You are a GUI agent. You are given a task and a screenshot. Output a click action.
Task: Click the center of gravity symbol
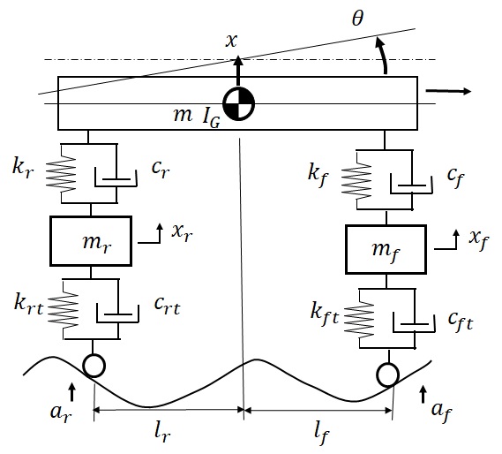coord(238,104)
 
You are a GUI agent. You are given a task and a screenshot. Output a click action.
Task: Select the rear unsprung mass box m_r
coord(91,241)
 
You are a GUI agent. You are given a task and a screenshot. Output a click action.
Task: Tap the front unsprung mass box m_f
coord(386,249)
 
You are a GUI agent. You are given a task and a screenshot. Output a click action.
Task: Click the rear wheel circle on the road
coord(94,366)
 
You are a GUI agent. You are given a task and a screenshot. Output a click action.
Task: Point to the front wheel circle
coord(387,375)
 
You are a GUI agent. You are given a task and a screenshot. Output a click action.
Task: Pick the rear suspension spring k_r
coord(61,173)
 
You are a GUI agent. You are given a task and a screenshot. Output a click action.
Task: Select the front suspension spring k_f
coord(356,181)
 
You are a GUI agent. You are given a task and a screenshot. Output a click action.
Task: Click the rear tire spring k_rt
coord(63,310)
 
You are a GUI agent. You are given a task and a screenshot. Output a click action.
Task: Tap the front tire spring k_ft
coord(359,319)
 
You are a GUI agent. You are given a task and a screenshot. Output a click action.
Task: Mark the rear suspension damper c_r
coord(116,178)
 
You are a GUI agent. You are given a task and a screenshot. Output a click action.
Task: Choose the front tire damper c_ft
coord(415,323)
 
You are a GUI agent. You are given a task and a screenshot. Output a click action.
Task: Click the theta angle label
coord(357,18)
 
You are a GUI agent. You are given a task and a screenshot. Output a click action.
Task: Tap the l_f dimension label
coord(321,434)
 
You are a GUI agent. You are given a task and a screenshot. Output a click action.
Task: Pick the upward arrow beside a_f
coord(423,394)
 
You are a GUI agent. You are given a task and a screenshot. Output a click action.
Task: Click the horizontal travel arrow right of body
coord(448,91)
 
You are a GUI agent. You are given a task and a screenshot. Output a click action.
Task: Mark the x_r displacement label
coord(182,232)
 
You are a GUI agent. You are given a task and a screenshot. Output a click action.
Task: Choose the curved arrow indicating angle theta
coord(384,55)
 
